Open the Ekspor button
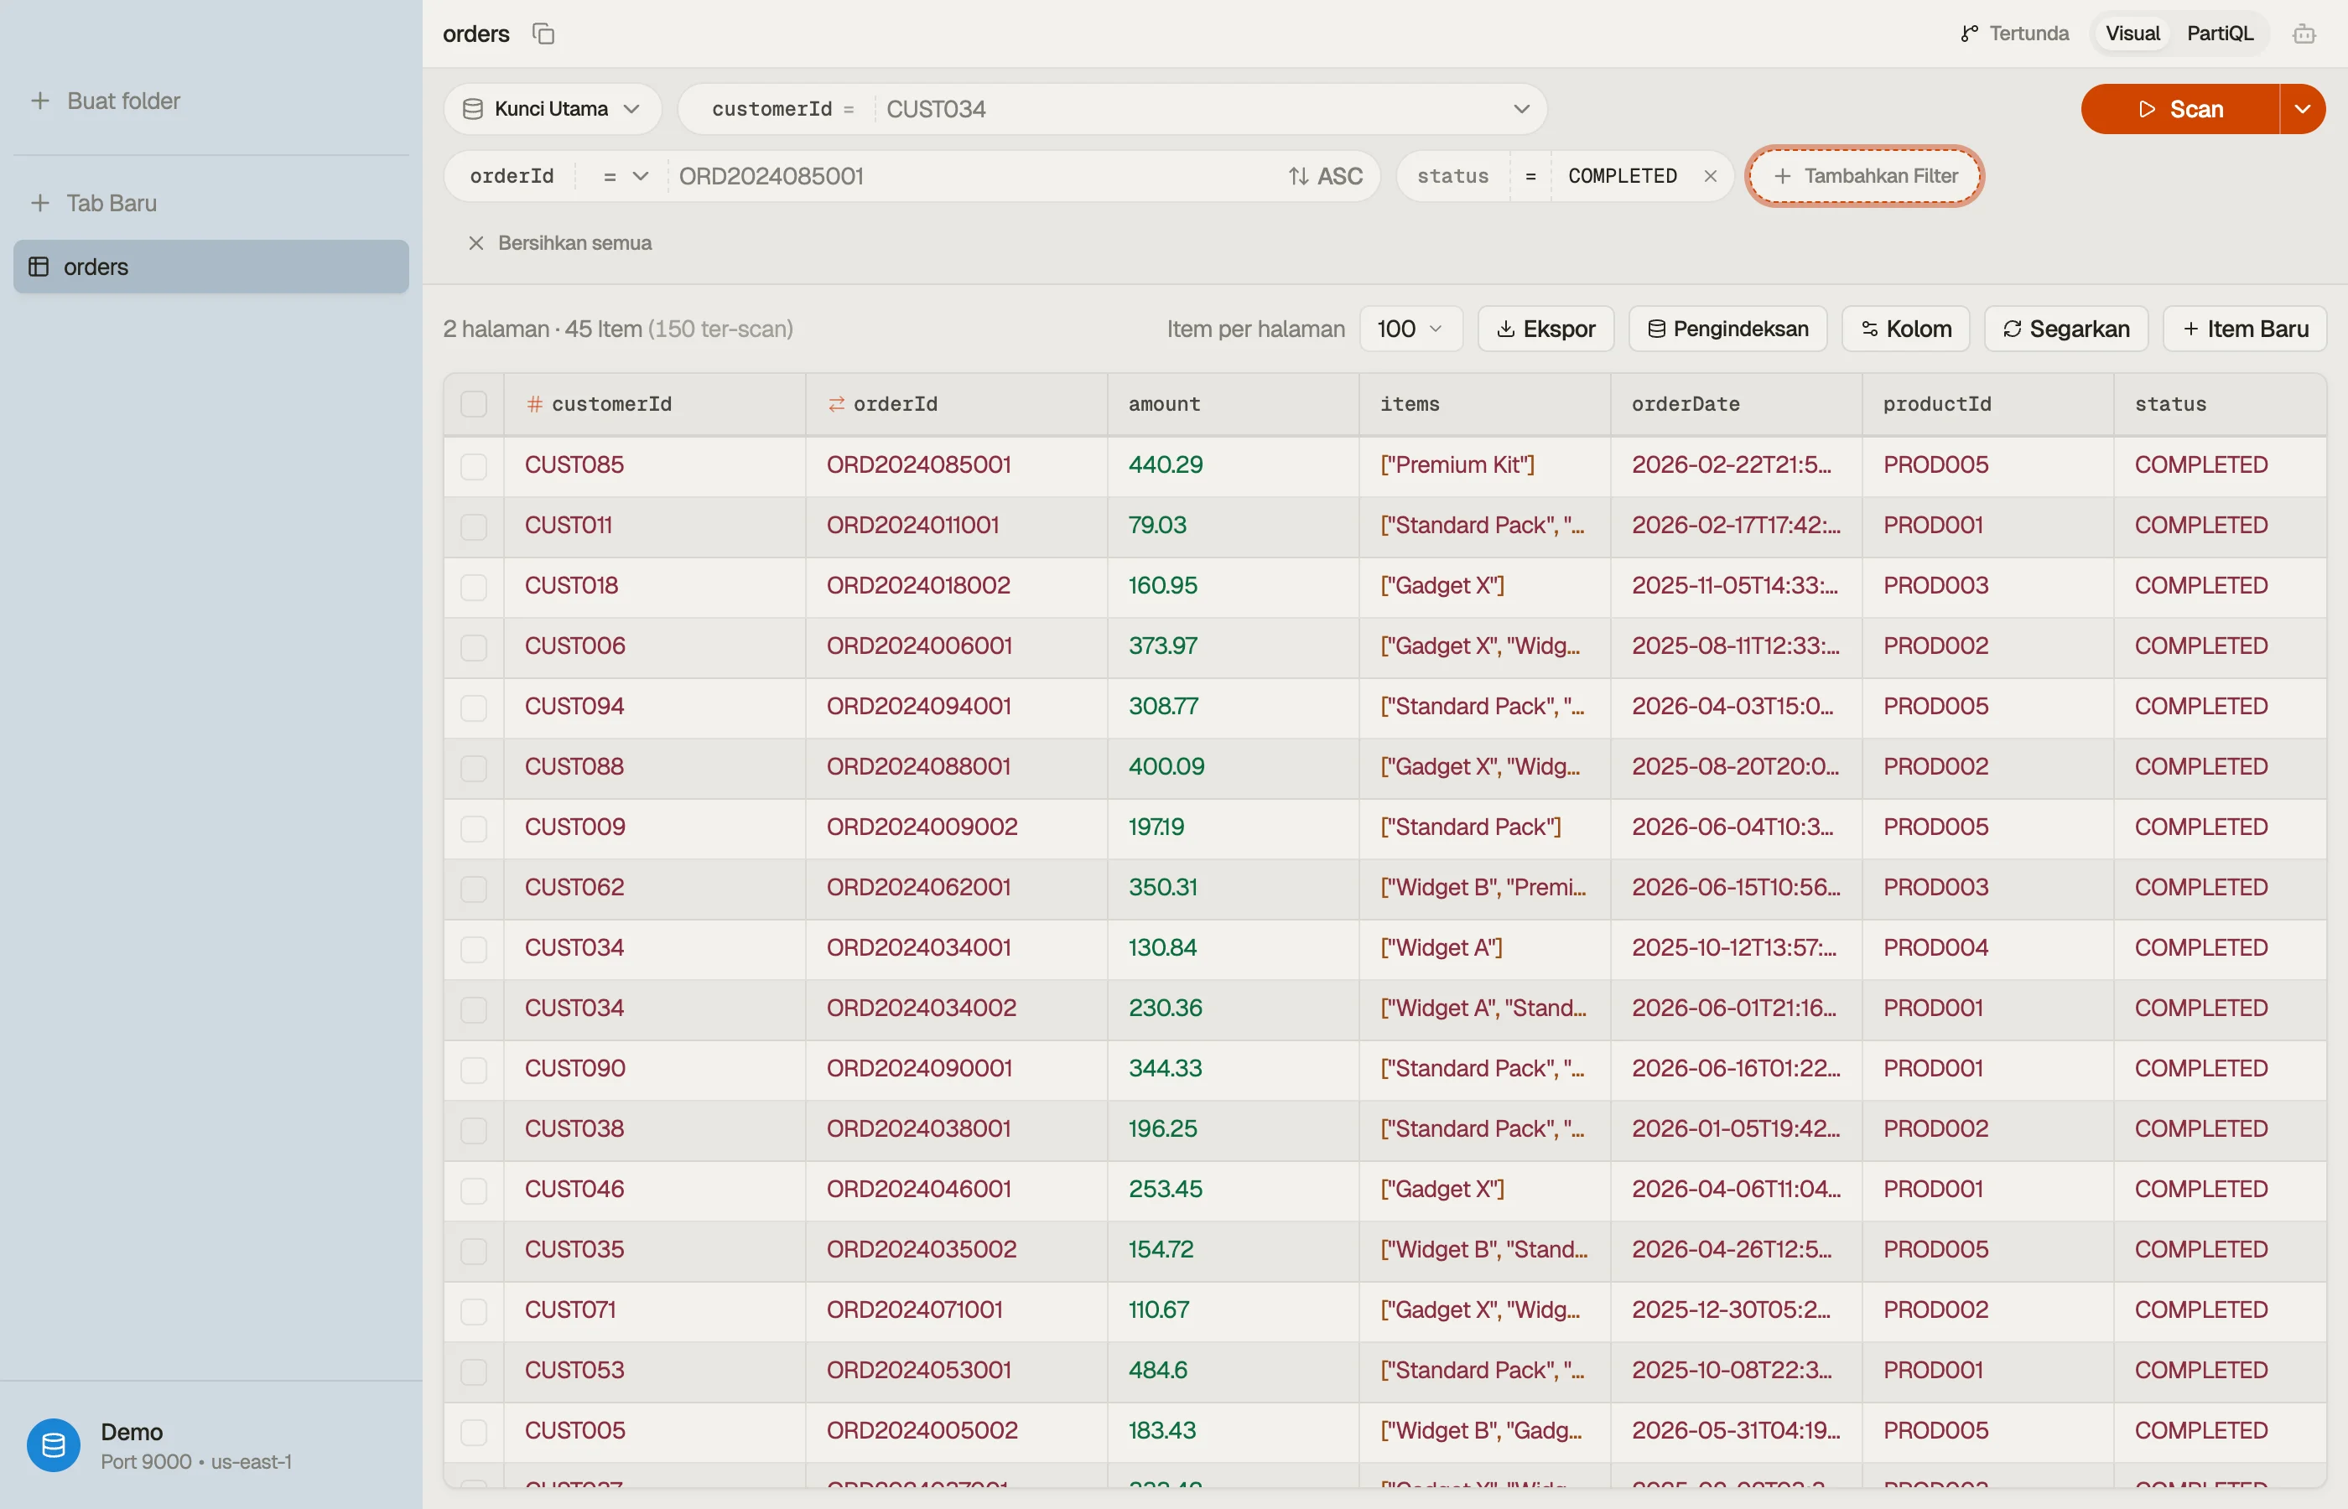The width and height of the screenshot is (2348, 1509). click(1545, 329)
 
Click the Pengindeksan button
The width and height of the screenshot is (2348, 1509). click(1727, 329)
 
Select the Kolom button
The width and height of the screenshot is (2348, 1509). click(1906, 329)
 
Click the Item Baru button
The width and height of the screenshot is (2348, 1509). click(2244, 329)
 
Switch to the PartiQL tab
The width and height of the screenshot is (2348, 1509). click(2220, 34)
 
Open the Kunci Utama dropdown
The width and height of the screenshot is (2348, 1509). click(553, 109)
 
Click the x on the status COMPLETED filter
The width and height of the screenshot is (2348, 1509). click(1710, 176)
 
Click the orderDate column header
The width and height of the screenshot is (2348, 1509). click(1686, 404)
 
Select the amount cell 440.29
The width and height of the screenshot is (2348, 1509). click(1165, 464)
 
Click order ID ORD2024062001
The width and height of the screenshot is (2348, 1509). click(918, 887)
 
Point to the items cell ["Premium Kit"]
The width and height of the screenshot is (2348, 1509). click(1457, 464)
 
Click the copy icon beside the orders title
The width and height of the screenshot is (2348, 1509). click(543, 34)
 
